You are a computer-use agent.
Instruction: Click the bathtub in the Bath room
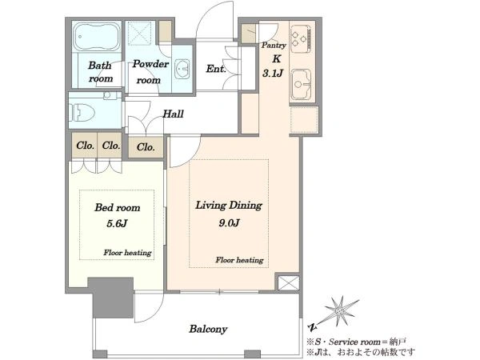coord(97,37)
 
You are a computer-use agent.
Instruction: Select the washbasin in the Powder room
coord(182,69)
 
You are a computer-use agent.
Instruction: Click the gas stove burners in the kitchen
coord(301,38)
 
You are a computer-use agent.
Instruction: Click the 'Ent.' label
coord(216,69)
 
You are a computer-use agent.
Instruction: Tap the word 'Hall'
coord(173,114)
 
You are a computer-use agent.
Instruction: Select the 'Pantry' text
coord(274,46)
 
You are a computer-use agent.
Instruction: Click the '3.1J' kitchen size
coord(273,73)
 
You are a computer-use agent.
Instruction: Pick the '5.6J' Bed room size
coord(117,223)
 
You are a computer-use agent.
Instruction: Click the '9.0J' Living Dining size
coord(229,223)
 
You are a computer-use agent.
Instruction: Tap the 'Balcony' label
coord(208,329)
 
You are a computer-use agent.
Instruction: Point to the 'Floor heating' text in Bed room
coord(127,253)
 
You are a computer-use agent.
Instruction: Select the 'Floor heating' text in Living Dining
coord(239,260)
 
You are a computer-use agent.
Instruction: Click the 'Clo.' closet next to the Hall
coord(146,147)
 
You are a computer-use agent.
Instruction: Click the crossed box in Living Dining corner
coord(289,283)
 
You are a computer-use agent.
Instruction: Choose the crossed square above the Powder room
coord(140,34)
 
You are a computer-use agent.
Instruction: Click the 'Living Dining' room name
coord(229,205)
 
